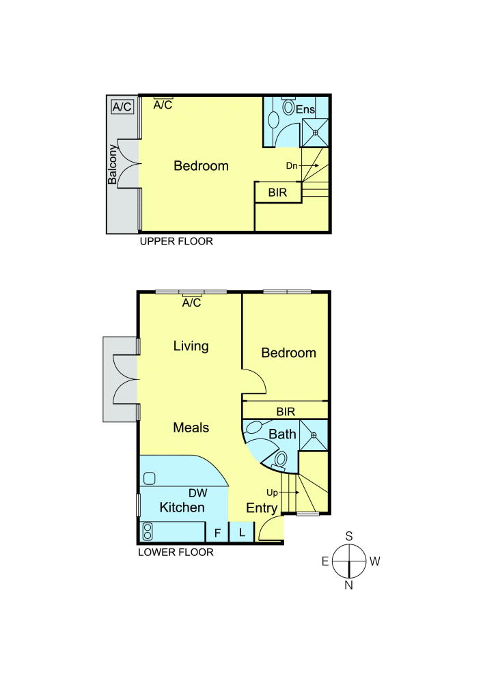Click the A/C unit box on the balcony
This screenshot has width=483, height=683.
coord(122,107)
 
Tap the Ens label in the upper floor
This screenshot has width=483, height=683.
coord(305,108)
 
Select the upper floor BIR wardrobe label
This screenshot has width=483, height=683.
coord(278,193)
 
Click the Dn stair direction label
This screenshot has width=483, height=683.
coord(292,165)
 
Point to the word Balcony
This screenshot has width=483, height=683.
coord(112,166)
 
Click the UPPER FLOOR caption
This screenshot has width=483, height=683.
coord(176,241)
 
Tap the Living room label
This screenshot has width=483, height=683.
coord(191,346)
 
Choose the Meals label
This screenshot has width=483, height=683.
coord(191,428)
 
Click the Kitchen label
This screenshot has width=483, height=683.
coord(182,507)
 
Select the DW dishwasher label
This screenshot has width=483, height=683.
coord(197,492)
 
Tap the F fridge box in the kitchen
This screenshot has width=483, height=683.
coord(217,533)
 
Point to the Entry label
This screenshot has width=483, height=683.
coord(262,508)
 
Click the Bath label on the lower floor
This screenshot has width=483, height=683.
coord(281,434)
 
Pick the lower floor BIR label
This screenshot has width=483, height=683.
coord(286,412)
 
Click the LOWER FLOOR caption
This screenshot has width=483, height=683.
coord(176,553)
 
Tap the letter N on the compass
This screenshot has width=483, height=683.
coord(348,585)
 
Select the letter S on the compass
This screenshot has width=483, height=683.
coord(348,536)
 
